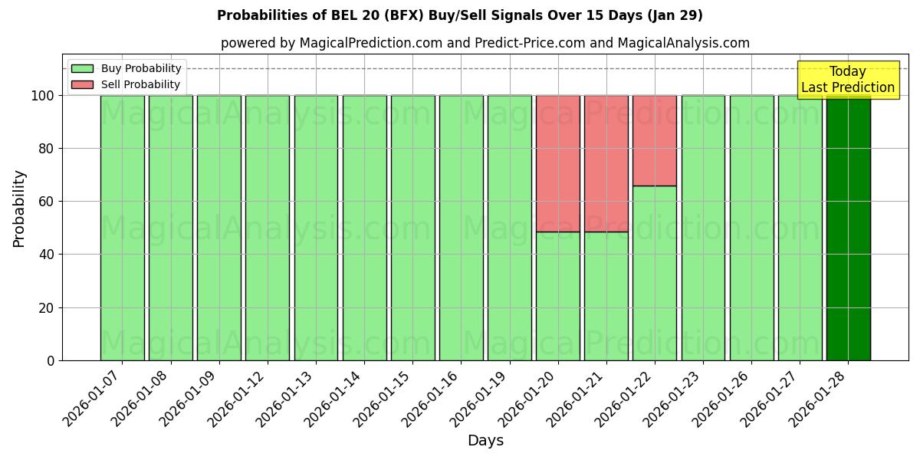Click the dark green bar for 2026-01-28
(x=848, y=228)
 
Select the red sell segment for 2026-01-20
(x=558, y=163)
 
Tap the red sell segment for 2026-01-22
(x=655, y=140)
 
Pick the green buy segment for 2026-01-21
(x=606, y=296)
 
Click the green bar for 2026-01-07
(x=122, y=228)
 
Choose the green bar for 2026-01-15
(x=412, y=228)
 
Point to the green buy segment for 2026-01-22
(x=655, y=273)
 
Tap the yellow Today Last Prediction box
(x=848, y=80)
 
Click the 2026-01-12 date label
(x=238, y=399)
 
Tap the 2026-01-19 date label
(x=480, y=399)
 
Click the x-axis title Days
(x=485, y=441)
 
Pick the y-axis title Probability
(x=19, y=209)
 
